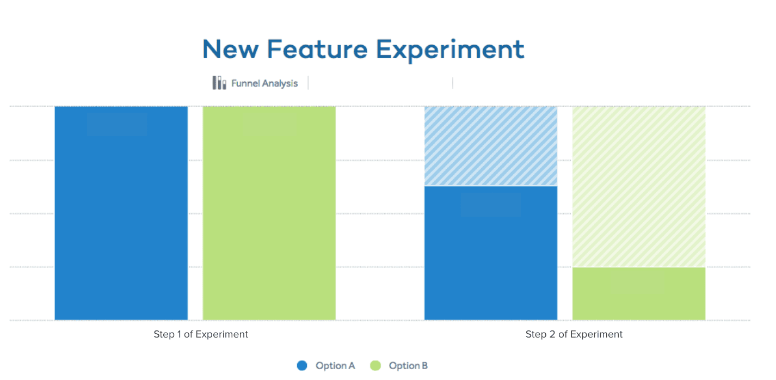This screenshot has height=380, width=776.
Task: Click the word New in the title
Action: [230, 50]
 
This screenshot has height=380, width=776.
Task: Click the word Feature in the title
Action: [317, 50]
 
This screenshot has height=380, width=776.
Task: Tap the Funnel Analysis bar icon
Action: [219, 83]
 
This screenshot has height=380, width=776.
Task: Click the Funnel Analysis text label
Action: [264, 83]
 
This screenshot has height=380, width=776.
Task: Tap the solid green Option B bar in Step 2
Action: [639, 293]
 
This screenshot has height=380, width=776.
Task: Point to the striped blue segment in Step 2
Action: [490, 146]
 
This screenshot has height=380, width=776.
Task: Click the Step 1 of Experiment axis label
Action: [201, 334]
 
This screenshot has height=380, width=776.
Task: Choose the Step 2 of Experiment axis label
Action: [574, 334]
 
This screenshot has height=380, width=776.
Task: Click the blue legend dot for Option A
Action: [302, 366]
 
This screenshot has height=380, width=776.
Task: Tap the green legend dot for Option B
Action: [375, 366]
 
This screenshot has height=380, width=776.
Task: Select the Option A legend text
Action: [335, 366]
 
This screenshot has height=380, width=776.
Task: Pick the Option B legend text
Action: [408, 366]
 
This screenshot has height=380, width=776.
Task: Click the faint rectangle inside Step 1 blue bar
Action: [117, 124]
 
